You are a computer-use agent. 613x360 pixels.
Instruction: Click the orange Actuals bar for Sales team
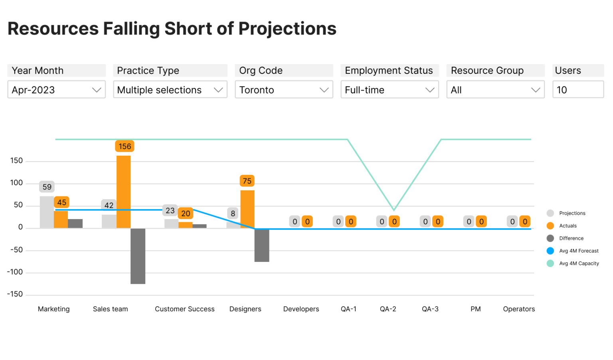[x=123, y=192]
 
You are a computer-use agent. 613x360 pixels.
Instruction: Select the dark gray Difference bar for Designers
[x=262, y=245]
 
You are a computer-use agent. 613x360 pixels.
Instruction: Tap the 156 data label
[x=125, y=146]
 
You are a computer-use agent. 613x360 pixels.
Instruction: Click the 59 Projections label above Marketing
[x=47, y=187]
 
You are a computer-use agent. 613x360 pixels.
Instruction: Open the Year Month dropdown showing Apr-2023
[x=56, y=90]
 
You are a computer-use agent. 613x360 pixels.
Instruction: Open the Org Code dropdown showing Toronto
[x=284, y=90]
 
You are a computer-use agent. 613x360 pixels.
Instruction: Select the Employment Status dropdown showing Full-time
[x=390, y=90]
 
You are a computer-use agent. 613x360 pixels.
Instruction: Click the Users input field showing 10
[x=577, y=90]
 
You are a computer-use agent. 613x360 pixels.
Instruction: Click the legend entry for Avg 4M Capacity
[x=578, y=263]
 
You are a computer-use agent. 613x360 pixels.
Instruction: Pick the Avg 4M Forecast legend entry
[x=578, y=251]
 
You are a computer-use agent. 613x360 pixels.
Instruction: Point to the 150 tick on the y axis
[x=16, y=161]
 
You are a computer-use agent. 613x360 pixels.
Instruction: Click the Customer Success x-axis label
[x=184, y=309]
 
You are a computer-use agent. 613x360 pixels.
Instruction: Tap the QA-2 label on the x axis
[x=388, y=309]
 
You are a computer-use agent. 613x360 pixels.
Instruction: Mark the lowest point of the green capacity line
[x=394, y=210]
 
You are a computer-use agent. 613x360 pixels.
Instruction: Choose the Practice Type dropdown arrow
[x=218, y=90]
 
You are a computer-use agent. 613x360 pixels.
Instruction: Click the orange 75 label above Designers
[x=247, y=181]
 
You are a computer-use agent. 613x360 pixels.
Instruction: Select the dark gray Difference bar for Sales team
[x=138, y=256]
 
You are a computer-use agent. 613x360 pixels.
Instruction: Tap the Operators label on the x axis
[x=519, y=309]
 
